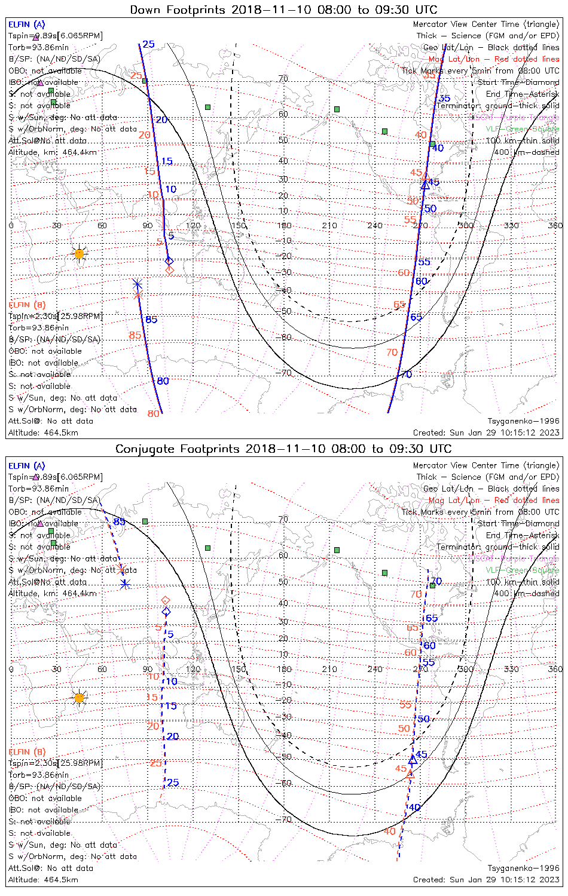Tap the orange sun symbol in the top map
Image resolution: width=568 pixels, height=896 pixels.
click(x=79, y=254)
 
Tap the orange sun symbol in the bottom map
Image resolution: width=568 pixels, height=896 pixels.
click(x=79, y=697)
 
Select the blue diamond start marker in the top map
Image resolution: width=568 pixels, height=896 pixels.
click(x=169, y=260)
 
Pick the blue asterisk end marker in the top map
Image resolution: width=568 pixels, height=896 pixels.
click(x=138, y=284)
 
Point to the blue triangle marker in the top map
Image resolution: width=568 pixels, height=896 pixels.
click(x=425, y=185)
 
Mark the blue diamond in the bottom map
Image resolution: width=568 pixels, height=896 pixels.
click(x=166, y=612)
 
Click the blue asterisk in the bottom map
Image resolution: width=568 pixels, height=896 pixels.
click(x=125, y=584)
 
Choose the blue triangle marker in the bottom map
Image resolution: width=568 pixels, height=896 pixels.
click(x=413, y=760)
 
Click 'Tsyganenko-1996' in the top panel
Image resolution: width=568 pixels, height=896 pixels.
click(x=523, y=421)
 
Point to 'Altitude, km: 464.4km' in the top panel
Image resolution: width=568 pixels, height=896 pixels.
click(x=53, y=152)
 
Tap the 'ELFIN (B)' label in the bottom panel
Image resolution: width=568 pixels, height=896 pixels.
click(x=27, y=751)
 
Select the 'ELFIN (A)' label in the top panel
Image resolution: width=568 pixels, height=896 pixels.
click(x=27, y=24)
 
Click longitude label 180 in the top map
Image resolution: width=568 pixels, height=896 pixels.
click(x=284, y=225)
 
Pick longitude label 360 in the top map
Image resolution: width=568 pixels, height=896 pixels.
click(x=555, y=225)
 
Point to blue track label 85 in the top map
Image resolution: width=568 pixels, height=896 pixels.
click(x=151, y=320)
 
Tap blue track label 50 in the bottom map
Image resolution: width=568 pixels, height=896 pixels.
click(x=423, y=719)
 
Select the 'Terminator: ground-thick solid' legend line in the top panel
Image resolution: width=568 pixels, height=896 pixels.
click(x=497, y=106)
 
